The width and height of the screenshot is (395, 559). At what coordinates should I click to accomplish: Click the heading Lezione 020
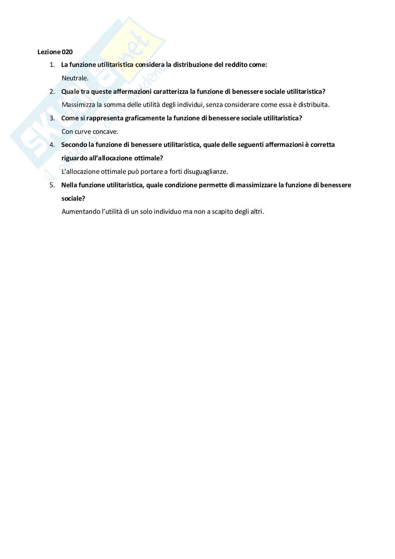[55, 52]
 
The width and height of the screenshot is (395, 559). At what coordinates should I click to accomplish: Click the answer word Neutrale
[75, 78]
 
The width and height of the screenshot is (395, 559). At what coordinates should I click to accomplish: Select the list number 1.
[52, 65]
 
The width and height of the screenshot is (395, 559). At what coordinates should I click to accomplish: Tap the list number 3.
[52, 118]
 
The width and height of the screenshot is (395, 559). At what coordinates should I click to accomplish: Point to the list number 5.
[52, 185]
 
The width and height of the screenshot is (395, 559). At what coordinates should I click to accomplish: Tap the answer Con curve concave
[90, 131]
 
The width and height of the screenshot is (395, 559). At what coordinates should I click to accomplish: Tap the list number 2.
[52, 91]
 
